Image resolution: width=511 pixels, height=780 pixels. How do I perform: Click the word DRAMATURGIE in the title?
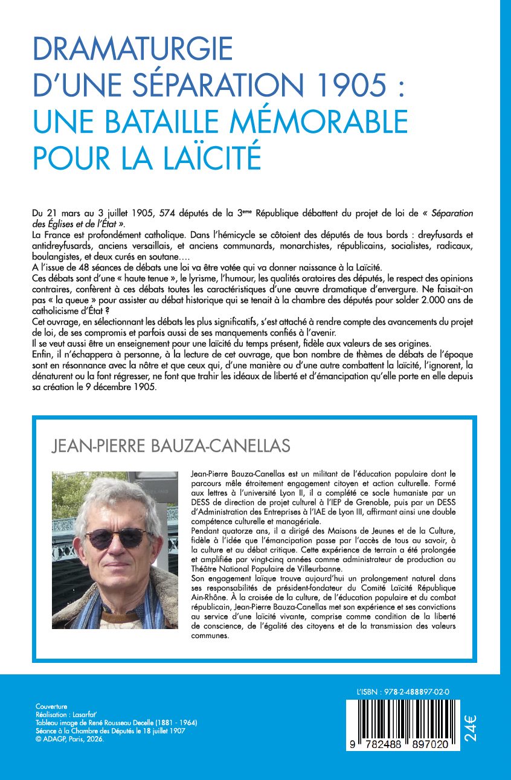(x=133, y=49)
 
